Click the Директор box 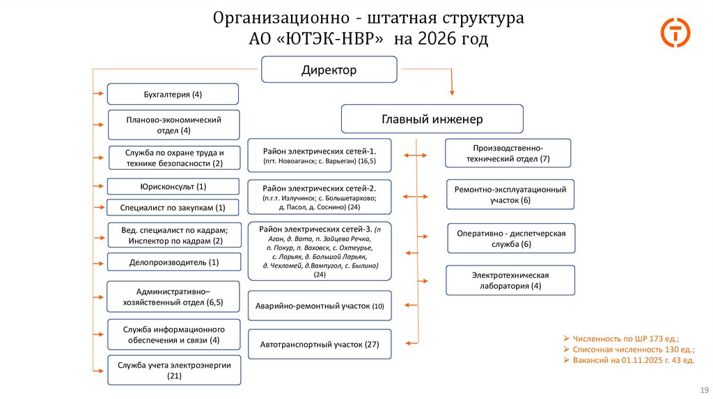[329, 70]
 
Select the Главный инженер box [432, 119]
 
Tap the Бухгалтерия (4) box [173, 94]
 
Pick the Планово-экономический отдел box [173, 125]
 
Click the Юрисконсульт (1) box [173, 186]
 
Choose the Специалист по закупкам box [173, 208]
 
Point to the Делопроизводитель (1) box [173, 262]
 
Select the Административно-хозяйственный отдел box [173, 297]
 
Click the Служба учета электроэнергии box [173, 370]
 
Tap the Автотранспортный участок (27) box [319, 344]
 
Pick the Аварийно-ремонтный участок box [319, 306]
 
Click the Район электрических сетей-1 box [319, 155]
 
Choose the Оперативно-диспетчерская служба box [511, 238]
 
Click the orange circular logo [675, 33]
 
